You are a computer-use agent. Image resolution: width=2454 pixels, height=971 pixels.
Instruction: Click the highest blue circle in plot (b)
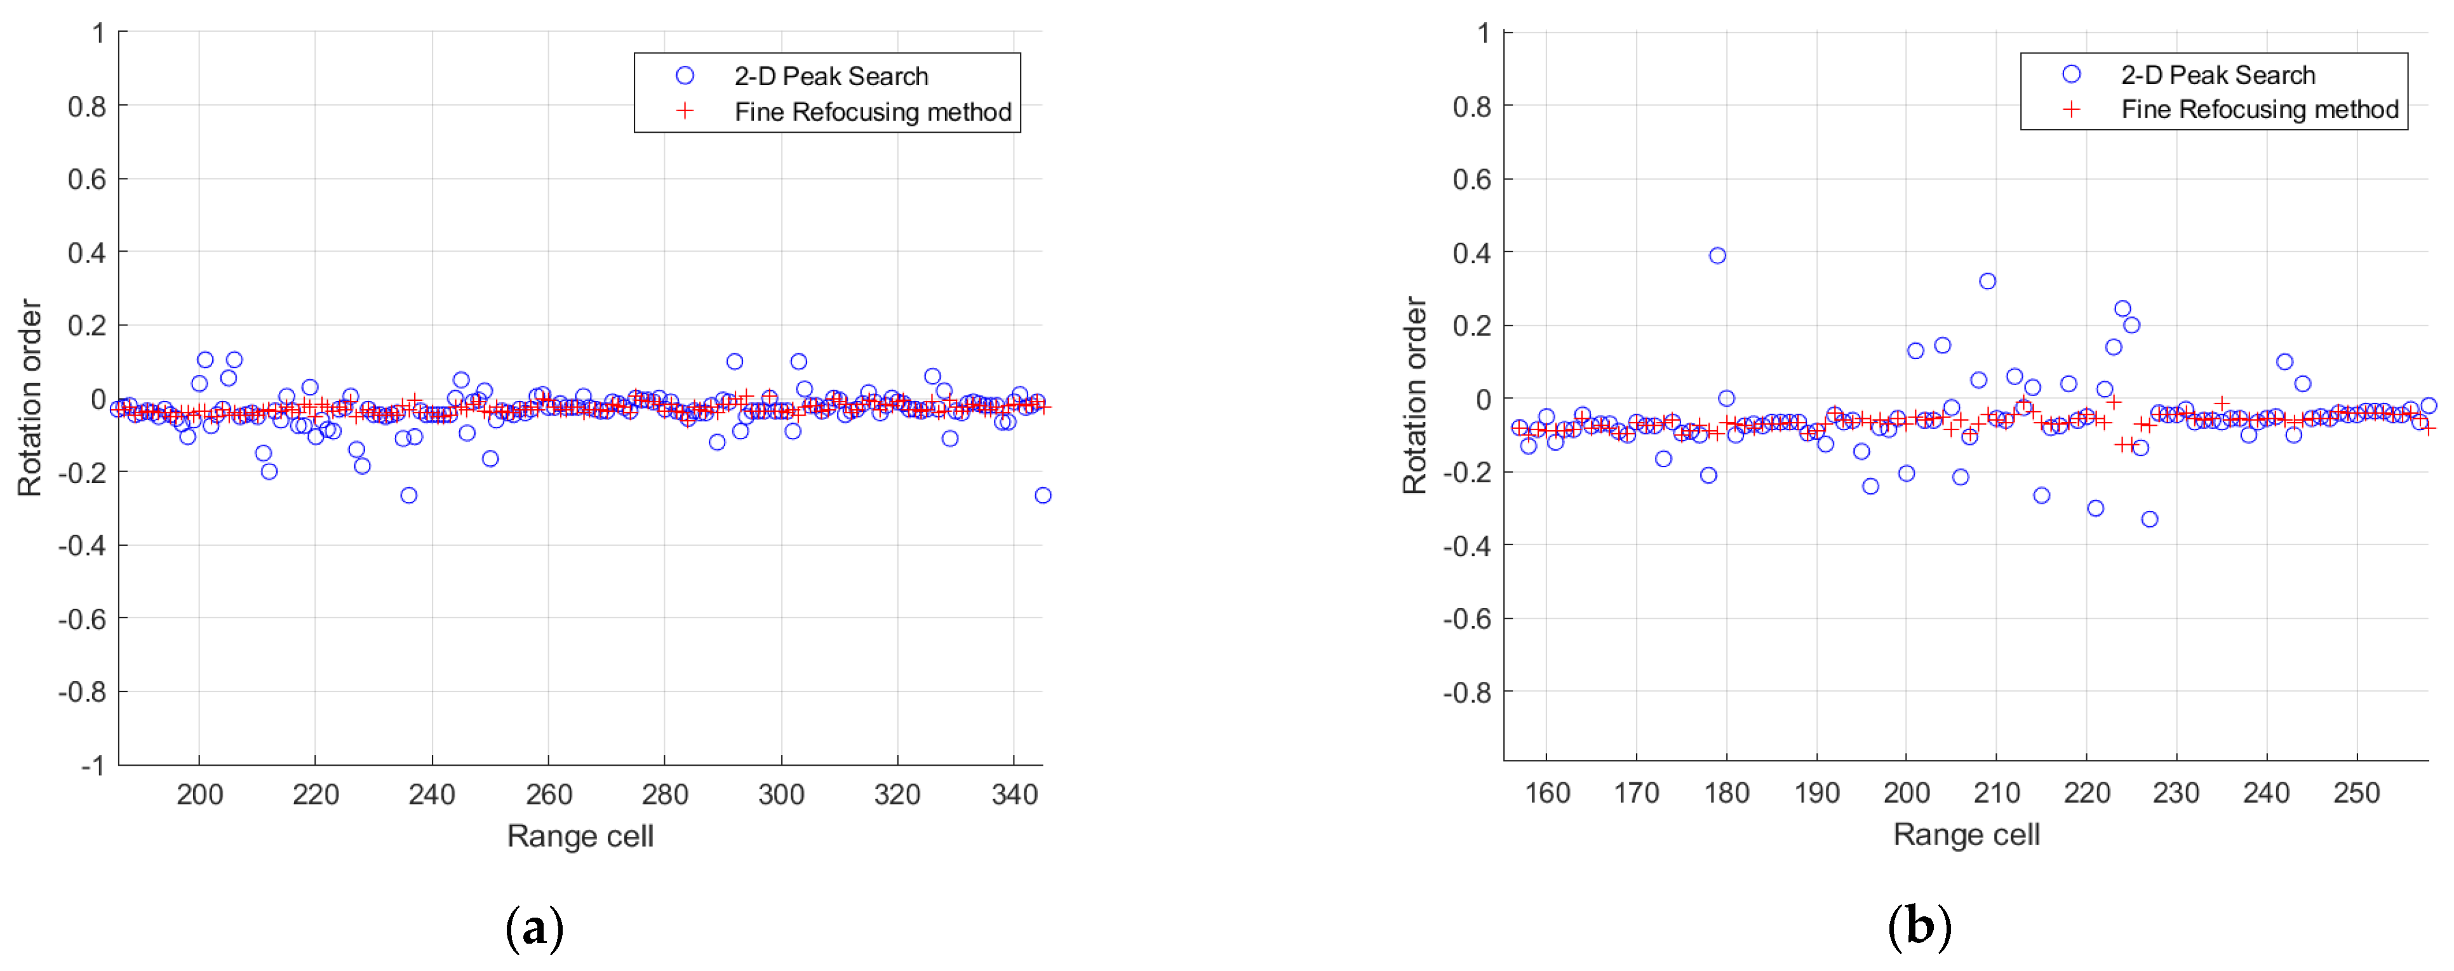pos(1717,255)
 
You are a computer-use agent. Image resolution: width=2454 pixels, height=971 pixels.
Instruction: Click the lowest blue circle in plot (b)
pos(2149,519)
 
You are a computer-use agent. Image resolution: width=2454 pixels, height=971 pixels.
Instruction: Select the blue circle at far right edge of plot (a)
pos(1043,496)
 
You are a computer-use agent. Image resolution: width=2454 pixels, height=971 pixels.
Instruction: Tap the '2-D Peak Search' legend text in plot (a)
pos(831,76)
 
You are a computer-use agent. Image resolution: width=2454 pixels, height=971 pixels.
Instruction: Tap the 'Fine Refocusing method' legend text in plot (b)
pos(2258,109)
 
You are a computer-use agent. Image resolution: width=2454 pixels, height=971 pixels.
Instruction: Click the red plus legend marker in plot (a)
pos(685,111)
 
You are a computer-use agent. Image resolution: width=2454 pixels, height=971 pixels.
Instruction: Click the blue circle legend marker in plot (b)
pos(2071,74)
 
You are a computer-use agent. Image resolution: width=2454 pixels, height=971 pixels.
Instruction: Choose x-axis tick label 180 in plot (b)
pos(1726,793)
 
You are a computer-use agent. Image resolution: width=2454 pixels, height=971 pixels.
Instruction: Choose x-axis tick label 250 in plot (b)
pos(2356,793)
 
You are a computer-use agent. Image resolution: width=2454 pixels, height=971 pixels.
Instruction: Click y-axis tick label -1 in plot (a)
pos(93,765)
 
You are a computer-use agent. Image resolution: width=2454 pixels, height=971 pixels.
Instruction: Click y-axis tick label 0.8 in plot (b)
pos(1472,107)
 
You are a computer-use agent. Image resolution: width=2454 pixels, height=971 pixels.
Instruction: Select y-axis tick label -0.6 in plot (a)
pos(82,620)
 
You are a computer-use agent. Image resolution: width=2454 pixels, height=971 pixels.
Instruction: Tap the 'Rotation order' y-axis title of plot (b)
pos(1415,395)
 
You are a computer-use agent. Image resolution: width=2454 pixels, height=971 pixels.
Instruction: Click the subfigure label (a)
pos(535,927)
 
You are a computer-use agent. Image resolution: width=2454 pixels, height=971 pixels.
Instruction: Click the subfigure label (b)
pos(1919,927)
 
